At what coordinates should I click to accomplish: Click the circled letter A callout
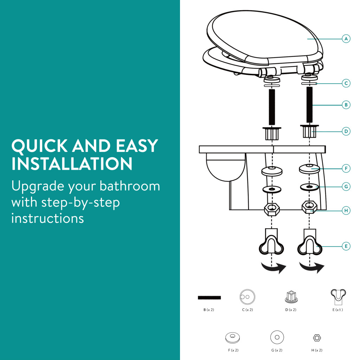[346, 39]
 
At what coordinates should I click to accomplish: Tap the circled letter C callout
[346, 83]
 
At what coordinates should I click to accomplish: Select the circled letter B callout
[346, 105]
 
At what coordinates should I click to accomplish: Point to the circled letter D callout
[346, 131]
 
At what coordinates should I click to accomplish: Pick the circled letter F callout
[346, 168]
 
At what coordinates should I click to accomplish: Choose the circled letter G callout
[346, 186]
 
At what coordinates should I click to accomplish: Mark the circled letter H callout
[346, 211]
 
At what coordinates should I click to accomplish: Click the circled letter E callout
[346, 246]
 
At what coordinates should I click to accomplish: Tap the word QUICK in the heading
[39, 146]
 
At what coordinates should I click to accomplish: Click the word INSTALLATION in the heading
[72, 164]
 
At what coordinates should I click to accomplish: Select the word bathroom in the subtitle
[130, 186]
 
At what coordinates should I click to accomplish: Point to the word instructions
[47, 218]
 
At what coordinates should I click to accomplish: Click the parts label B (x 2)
[209, 310]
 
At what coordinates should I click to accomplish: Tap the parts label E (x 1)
[338, 310]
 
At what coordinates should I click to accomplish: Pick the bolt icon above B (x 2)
[210, 297]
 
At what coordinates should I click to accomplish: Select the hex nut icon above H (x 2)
[317, 338]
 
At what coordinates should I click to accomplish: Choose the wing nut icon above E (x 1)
[338, 296]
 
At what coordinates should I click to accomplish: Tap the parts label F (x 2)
[233, 350]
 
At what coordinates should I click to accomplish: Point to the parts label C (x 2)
[247, 310]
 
